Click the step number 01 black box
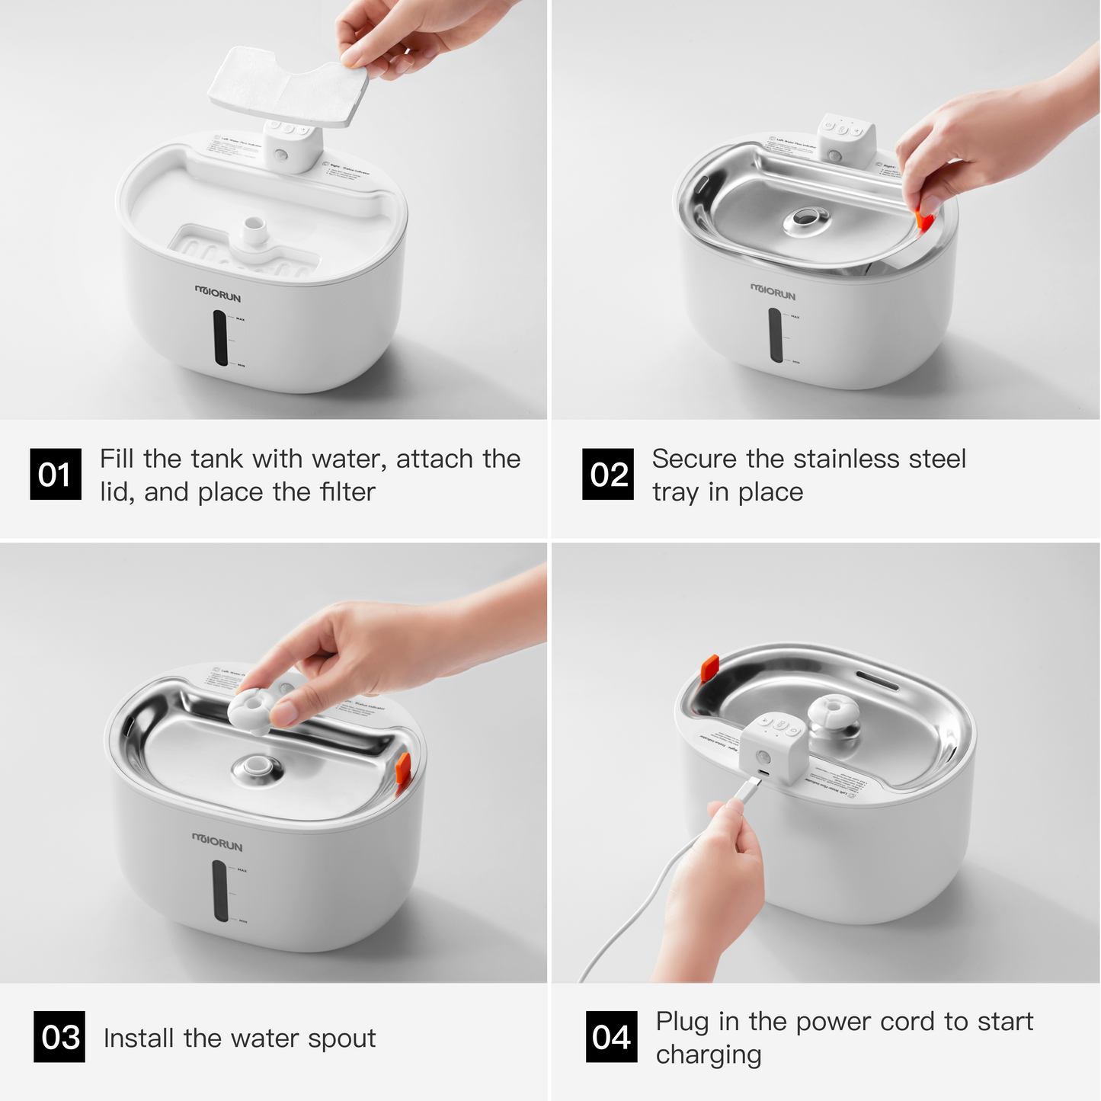(55, 475)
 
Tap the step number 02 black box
(607, 475)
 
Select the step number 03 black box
(59, 1037)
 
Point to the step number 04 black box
(611, 1037)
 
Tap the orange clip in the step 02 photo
(924, 221)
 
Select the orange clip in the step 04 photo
(710, 668)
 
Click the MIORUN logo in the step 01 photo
(218, 293)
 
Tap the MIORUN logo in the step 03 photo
(217, 843)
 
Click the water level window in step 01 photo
(220, 338)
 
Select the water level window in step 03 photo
(220, 890)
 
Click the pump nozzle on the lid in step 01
(252, 229)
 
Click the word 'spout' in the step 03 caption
(341, 1039)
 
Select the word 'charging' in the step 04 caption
(709, 1055)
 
